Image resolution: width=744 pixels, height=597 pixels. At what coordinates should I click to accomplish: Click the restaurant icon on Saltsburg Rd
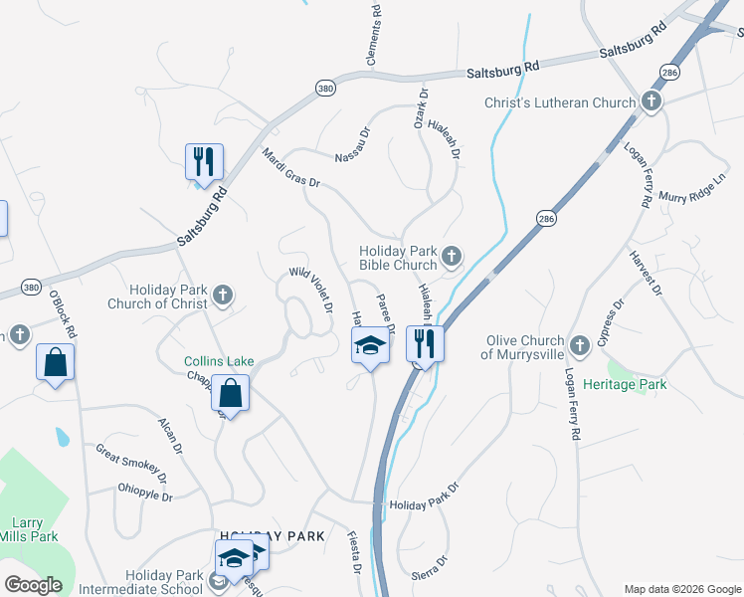click(204, 161)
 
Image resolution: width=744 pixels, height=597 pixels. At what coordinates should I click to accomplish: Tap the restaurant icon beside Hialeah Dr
click(425, 344)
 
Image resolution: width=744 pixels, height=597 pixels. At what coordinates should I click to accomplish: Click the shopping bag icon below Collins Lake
click(230, 393)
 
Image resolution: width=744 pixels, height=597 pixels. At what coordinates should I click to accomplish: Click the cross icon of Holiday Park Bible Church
click(451, 257)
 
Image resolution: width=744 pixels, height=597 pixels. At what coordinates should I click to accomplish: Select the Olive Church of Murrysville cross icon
click(580, 346)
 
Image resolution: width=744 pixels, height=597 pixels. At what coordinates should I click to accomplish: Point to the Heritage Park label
click(625, 384)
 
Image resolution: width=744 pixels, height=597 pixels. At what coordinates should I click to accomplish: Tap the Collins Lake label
click(219, 360)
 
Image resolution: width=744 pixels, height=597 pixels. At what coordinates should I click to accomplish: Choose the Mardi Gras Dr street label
click(290, 168)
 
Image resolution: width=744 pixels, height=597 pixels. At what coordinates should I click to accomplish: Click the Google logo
click(34, 585)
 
